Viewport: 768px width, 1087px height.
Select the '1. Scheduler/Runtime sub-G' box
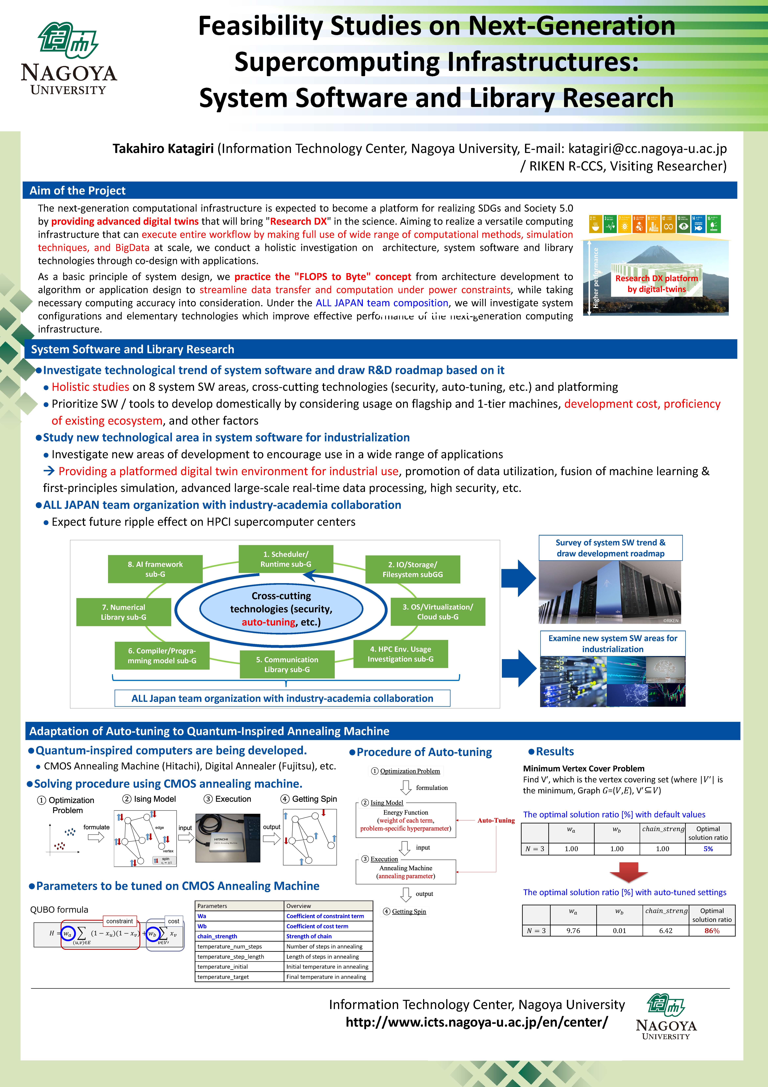[x=285, y=559]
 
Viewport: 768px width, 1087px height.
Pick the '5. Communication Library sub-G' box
[x=287, y=664]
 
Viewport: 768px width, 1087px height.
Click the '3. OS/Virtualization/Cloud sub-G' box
[x=438, y=612]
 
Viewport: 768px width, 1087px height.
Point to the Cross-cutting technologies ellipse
[x=281, y=609]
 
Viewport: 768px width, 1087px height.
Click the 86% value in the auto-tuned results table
[x=712, y=931]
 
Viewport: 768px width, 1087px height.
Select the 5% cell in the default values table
[x=708, y=849]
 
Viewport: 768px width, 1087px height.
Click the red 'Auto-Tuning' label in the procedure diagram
[x=496, y=820]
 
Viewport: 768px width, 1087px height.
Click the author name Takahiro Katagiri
[x=163, y=149]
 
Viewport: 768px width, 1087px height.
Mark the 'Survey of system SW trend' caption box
[x=610, y=548]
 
